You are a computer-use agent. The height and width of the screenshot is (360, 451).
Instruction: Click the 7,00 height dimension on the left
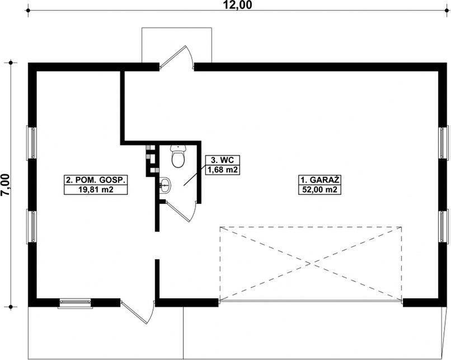click(6, 184)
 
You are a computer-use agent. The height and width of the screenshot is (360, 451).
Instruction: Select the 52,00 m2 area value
click(320, 190)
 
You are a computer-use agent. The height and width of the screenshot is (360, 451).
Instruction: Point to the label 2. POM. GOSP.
click(97, 180)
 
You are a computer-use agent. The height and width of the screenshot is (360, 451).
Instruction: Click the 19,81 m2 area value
click(97, 190)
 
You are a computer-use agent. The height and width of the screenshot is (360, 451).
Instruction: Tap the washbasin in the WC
click(165, 183)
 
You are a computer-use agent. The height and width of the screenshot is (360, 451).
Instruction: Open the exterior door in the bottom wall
click(138, 314)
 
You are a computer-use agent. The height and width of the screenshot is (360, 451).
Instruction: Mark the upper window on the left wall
click(32, 143)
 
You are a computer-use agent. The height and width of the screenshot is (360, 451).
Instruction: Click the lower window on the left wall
click(32, 226)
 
